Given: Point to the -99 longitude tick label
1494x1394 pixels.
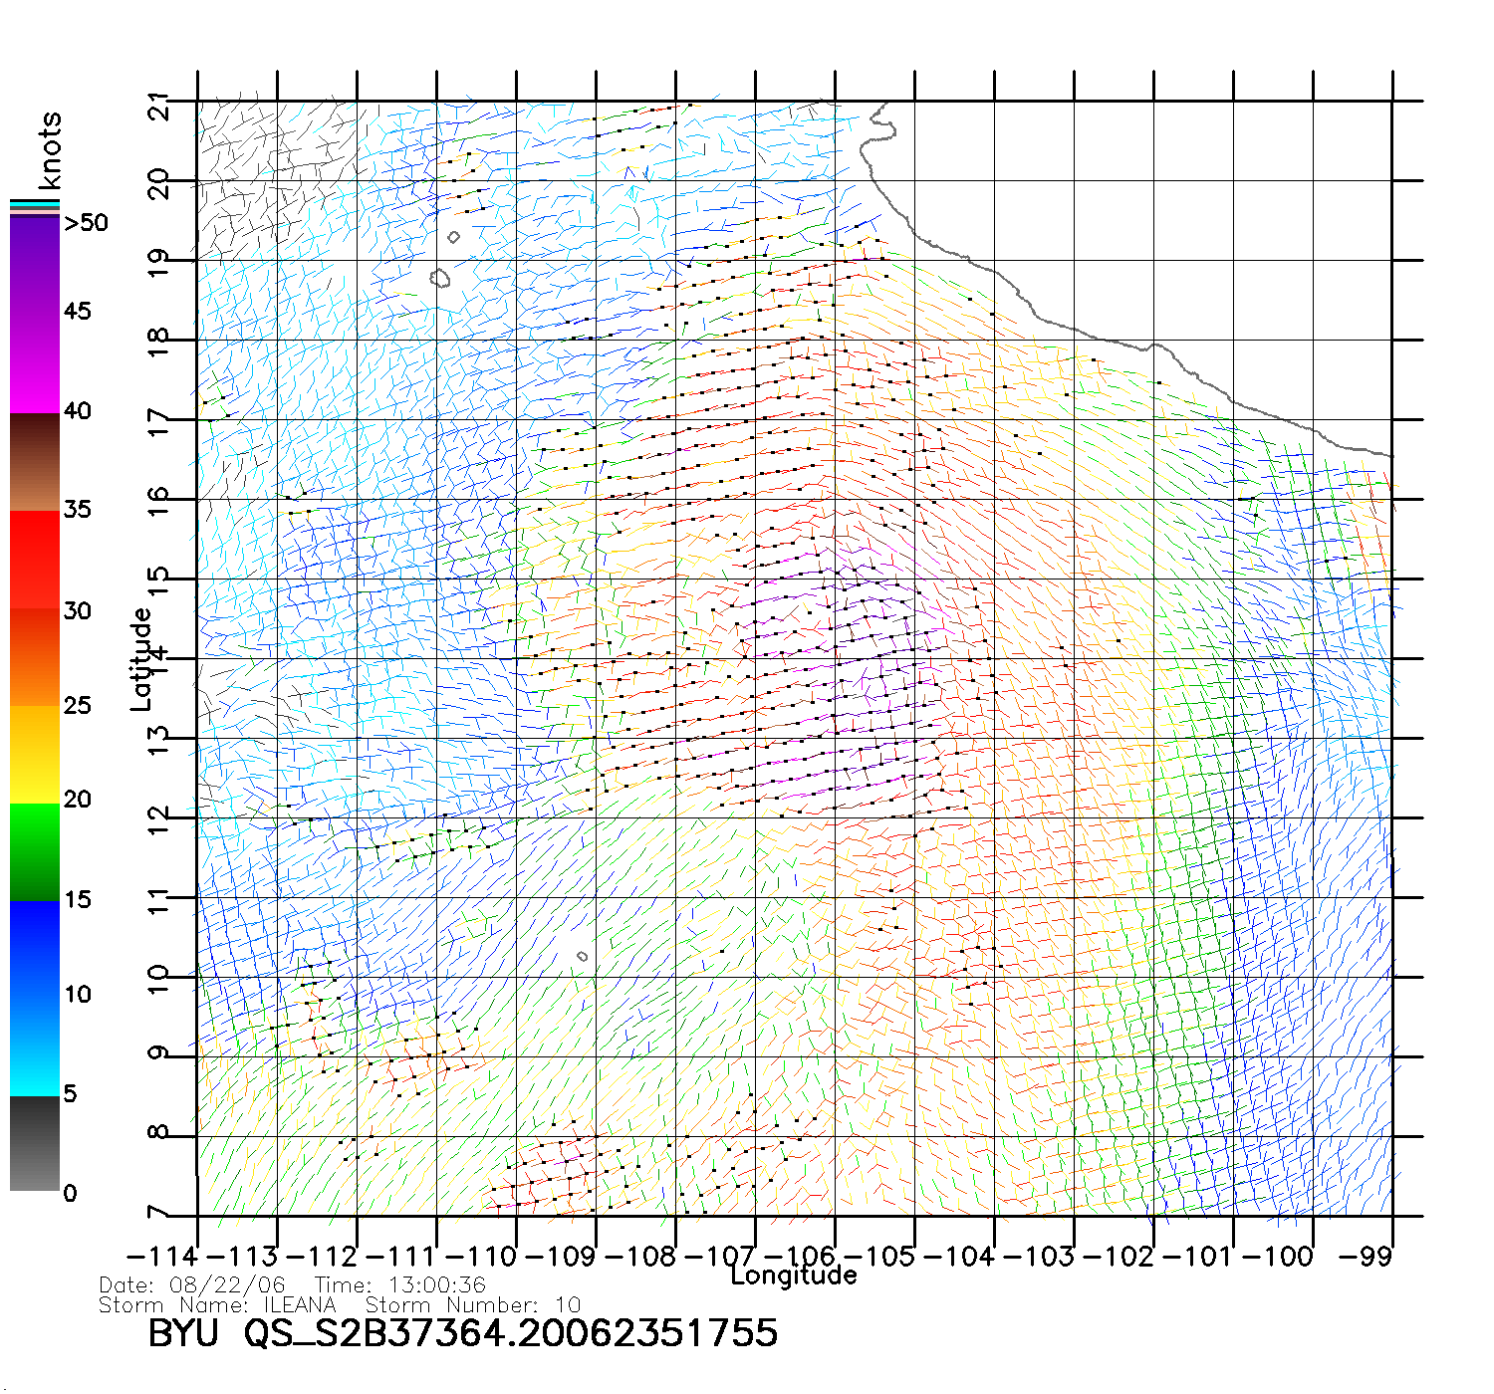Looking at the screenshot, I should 1364,1257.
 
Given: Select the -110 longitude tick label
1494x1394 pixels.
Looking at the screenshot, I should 481,1257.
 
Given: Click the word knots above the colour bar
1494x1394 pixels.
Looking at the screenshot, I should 50,150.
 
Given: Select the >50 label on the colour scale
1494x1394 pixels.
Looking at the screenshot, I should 86,223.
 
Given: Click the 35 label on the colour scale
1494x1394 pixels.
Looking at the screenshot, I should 77,510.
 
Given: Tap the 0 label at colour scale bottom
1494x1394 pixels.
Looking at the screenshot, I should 70,1193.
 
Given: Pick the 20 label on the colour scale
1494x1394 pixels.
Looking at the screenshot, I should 77,800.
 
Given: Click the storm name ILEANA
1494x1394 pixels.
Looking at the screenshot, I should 300,1304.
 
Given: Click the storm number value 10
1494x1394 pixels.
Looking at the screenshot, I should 568,1304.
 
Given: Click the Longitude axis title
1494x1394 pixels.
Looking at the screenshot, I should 794,1276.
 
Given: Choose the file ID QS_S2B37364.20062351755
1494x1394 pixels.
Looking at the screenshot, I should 511,1333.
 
